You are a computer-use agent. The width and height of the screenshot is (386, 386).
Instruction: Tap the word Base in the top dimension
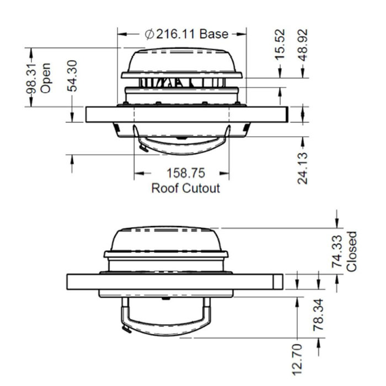tap(213, 34)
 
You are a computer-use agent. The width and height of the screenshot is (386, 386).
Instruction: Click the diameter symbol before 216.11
tap(149, 34)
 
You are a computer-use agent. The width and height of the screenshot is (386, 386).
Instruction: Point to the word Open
tap(46, 78)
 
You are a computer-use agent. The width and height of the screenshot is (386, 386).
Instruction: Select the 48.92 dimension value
tap(303, 44)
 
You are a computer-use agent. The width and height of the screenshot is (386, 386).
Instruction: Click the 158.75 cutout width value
tap(186, 174)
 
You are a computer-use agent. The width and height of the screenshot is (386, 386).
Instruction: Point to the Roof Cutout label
tap(186, 188)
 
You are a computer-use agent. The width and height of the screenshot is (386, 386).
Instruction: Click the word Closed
tap(352, 251)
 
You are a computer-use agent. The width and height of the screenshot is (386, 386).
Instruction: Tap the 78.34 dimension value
tap(319, 315)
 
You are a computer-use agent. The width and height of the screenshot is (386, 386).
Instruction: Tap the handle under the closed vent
tap(165, 325)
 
